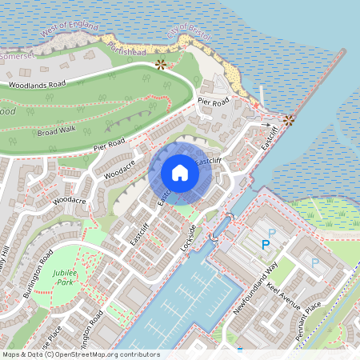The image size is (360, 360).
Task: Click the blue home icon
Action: point(180,173)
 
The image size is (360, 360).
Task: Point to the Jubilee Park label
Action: point(58,278)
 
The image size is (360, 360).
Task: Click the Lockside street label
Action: point(189,238)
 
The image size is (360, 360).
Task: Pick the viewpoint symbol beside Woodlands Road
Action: point(161,63)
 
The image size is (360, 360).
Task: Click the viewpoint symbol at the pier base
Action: point(288,120)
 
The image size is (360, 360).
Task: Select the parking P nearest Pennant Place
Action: point(314,262)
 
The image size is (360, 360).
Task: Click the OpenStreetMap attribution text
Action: point(80,354)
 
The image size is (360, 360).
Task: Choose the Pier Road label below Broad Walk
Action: point(110,145)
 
